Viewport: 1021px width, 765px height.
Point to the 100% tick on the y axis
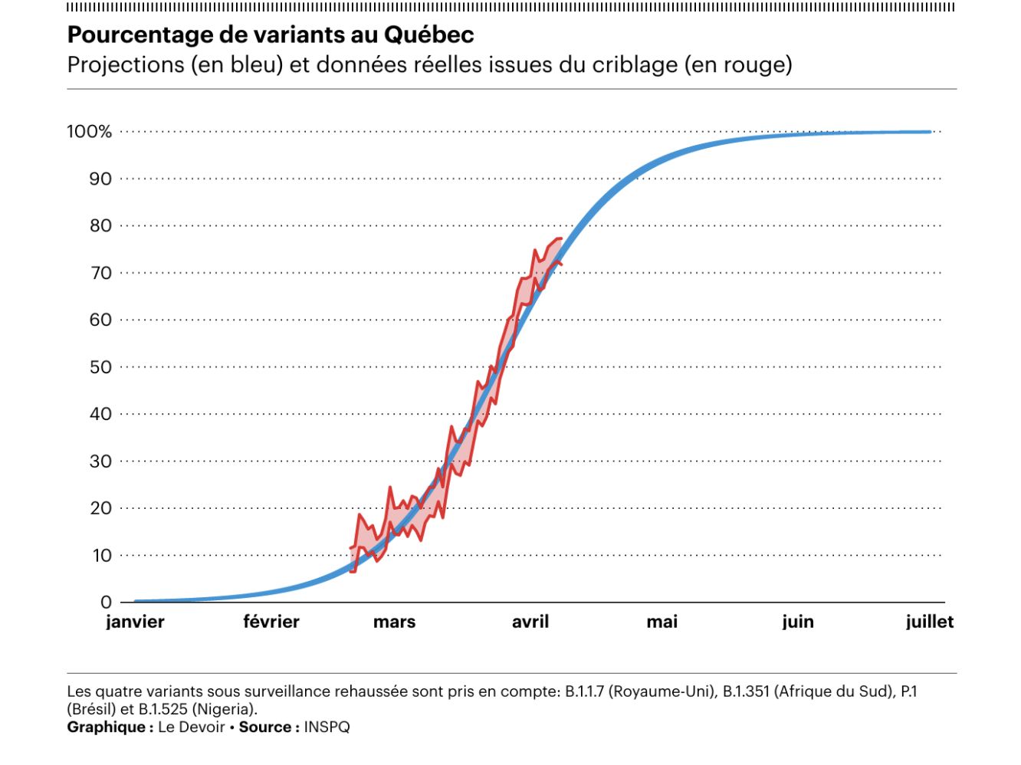coord(89,132)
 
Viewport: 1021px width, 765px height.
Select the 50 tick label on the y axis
coord(100,367)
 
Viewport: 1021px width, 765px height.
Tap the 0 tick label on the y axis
coord(106,602)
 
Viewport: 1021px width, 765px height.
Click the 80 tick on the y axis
coord(100,226)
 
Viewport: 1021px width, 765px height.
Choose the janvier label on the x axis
coord(135,622)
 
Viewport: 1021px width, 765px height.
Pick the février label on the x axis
coord(271,622)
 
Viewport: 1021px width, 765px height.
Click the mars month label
coord(394,622)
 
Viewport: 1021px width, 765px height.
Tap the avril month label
coord(530,622)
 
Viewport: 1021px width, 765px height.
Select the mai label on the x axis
coord(662,622)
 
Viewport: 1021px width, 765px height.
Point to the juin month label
coord(798,622)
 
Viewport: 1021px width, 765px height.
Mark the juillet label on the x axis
coord(930,622)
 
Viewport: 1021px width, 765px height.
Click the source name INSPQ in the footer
coord(327,727)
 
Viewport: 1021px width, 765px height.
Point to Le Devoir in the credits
coord(191,727)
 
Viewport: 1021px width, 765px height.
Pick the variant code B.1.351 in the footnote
coord(747,692)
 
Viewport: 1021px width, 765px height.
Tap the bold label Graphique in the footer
coord(107,727)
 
